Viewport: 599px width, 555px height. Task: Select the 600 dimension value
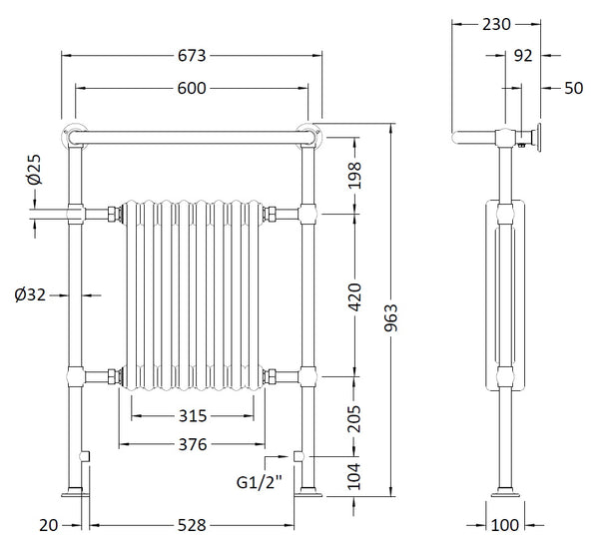pos(192,89)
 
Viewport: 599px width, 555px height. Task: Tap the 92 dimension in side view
pos(523,57)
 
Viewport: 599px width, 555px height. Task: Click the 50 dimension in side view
pos(572,88)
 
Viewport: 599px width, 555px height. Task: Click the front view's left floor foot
pos(75,490)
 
